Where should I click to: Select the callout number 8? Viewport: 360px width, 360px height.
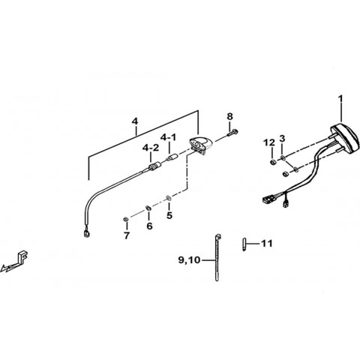point(229,116)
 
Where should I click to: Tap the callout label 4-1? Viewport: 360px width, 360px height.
point(168,137)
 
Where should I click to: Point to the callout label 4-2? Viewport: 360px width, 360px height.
point(151,148)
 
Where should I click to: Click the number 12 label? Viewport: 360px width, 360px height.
point(269,142)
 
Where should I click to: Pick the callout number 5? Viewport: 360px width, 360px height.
point(169,215)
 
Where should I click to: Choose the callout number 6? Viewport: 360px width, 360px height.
point(149,226)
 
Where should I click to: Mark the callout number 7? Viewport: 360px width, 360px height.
point(127,235)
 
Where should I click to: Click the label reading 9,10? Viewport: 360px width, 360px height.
point(189,260)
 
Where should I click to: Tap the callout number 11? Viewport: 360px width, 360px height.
point(267,243)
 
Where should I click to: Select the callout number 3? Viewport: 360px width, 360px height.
point(282,139)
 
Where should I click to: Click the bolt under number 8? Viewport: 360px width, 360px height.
point(232,132)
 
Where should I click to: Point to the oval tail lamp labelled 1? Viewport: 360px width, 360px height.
point(343,136)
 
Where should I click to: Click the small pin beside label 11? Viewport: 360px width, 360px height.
point(244,244)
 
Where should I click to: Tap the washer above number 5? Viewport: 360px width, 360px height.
point(169,198)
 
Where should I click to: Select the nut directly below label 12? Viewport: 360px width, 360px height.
point(272,162)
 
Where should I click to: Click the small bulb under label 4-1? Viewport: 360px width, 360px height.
point(171,158)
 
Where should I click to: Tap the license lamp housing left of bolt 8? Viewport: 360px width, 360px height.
point(200,145)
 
